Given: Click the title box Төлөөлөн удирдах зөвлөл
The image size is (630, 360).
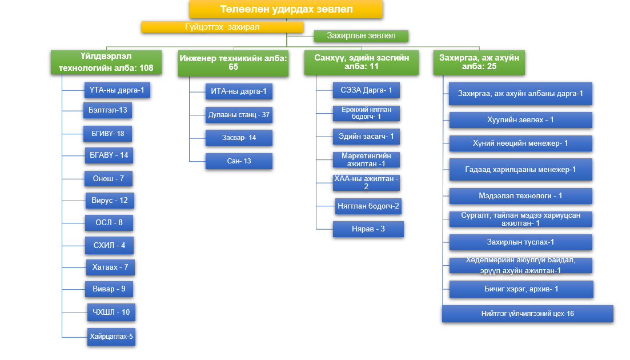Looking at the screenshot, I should [286, 9].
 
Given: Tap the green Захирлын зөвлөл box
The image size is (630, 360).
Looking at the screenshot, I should [362, 36].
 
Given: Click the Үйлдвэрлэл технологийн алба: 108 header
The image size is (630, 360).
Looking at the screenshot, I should [106, 62].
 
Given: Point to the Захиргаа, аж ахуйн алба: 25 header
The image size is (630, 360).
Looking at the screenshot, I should [479, 62].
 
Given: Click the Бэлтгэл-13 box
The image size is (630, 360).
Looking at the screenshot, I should [108, 110].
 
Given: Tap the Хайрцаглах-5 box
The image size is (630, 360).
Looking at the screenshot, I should [111, 337].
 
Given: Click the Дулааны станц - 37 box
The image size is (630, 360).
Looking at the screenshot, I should [239, 115].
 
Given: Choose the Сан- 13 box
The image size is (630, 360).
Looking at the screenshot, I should [239, 161].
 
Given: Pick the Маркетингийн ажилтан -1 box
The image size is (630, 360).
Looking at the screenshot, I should [366, 159].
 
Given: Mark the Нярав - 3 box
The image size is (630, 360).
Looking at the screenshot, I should [368, 229].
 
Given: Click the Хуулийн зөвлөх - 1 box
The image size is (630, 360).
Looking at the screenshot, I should [520, 120].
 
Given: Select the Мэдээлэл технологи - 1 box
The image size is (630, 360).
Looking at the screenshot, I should [520, 196].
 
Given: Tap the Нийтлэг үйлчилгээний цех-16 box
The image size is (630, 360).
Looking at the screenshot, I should [527, 314].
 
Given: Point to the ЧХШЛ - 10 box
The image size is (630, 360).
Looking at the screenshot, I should [111, 313].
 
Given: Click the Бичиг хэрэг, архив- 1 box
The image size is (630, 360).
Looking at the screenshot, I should [521, 289].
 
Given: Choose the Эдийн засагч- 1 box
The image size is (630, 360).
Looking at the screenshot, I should [366, 137].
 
